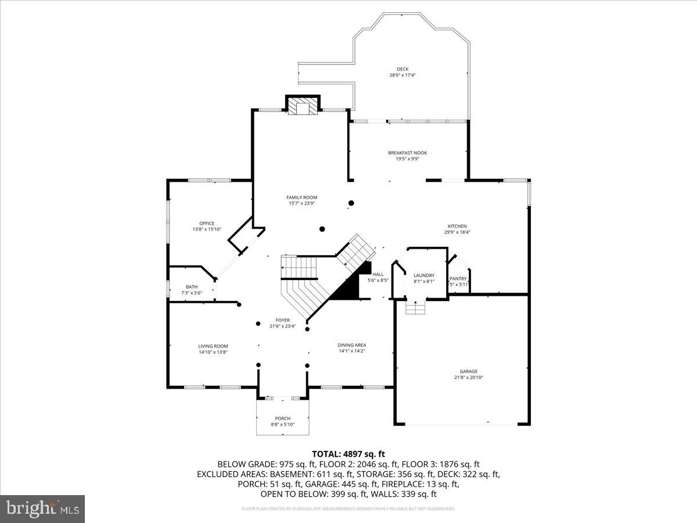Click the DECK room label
click(x=403, y=69)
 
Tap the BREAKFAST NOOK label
click(x=407, y=153)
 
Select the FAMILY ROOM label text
click(x=301, y=198)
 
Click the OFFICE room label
click(x=207, y=223)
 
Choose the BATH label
click(x=192, y=287)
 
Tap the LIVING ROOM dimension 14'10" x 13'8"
click(x=213, y=352)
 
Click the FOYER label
click(x=283, y=320)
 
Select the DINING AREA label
click(x=352, y=345)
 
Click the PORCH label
click(x=283, y=418)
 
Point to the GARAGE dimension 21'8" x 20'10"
click(x=469, y=377)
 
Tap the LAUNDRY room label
click(x=424, y=275)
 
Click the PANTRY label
click(x=458, y=278)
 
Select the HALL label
click(x=378, y=274)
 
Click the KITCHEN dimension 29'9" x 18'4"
click(x=457, y=232)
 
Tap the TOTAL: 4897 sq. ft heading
click(x=348, y=454)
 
